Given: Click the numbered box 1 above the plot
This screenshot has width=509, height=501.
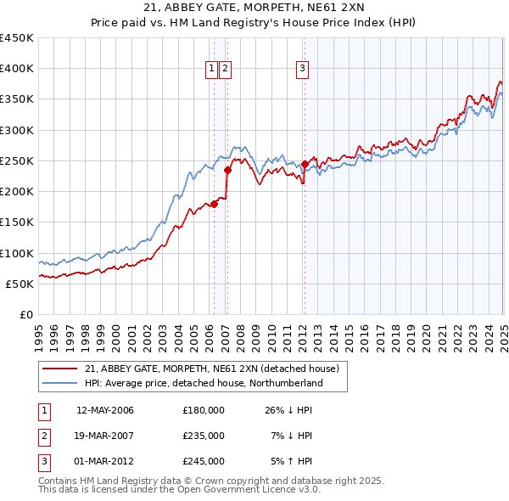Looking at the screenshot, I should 210,70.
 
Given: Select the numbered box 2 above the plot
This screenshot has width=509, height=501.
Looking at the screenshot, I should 226,70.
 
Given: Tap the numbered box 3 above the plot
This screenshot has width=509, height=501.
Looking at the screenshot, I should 303,70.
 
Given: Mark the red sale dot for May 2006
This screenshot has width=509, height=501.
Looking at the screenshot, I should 215,204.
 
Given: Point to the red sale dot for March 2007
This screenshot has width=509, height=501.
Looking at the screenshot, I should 227,170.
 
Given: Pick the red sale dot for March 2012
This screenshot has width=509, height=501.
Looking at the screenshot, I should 304,164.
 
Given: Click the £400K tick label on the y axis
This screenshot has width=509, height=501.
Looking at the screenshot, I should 17,69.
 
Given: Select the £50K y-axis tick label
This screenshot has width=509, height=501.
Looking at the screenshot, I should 20,284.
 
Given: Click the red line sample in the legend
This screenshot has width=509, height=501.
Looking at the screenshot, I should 60,369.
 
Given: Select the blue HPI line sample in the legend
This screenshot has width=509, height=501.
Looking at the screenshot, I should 60,384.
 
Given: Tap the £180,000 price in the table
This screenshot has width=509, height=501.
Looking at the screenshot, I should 203,411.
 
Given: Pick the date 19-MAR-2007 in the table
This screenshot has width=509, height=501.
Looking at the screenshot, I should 105,436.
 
